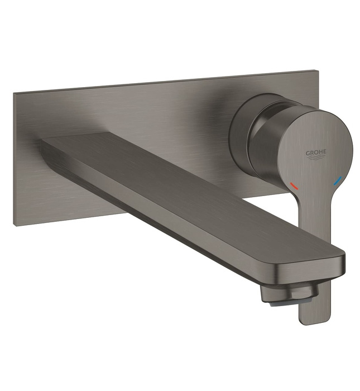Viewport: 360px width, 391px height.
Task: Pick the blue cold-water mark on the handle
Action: tap(337, 181)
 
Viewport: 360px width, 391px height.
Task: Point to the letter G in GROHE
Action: tap(307, 153)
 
